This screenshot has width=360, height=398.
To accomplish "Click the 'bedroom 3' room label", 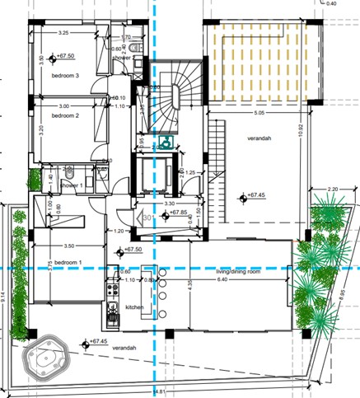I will coord(65,76).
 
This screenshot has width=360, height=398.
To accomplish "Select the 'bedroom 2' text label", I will coord(65,116).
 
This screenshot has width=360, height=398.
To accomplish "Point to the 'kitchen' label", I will coord(135,307).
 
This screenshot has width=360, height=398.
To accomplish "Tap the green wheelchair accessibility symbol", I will coord(165,141).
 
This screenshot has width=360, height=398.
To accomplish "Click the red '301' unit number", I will coord(149,218).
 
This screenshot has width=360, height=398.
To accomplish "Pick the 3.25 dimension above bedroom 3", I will coord(63,33).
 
